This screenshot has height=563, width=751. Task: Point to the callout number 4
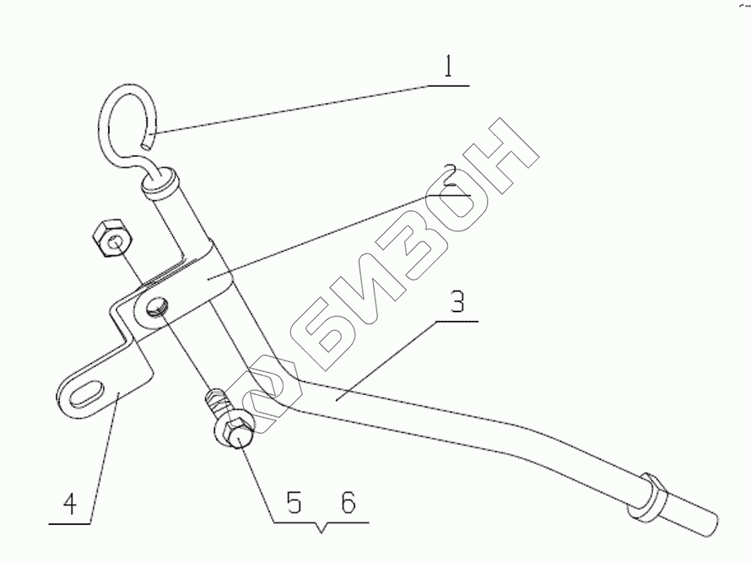[x=70, y=505]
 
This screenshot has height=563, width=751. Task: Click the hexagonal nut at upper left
[x=112, y=236]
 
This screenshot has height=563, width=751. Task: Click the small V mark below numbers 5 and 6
[x=320, y=530]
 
